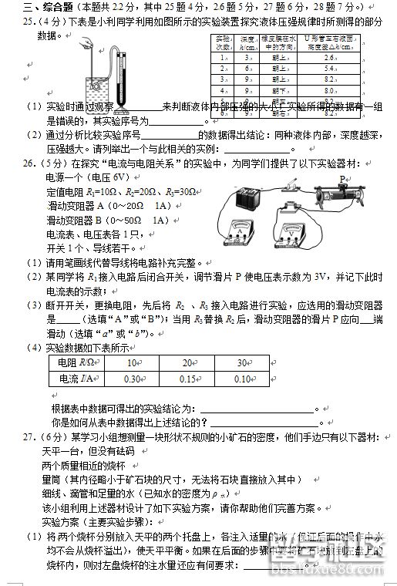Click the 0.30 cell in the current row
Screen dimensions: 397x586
(133, 379)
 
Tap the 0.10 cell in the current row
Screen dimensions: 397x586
(243, 379)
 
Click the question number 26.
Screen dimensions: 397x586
(29, 163)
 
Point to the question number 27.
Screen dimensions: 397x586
(29, 437)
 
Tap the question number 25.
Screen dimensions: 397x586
(29, 23)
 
